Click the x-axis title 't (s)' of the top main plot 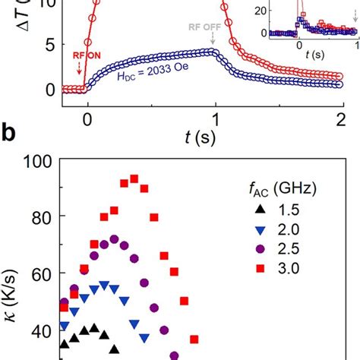pyautogui.click(x=216, y=136)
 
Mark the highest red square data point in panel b pyautogui.click(x=134, y=178)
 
